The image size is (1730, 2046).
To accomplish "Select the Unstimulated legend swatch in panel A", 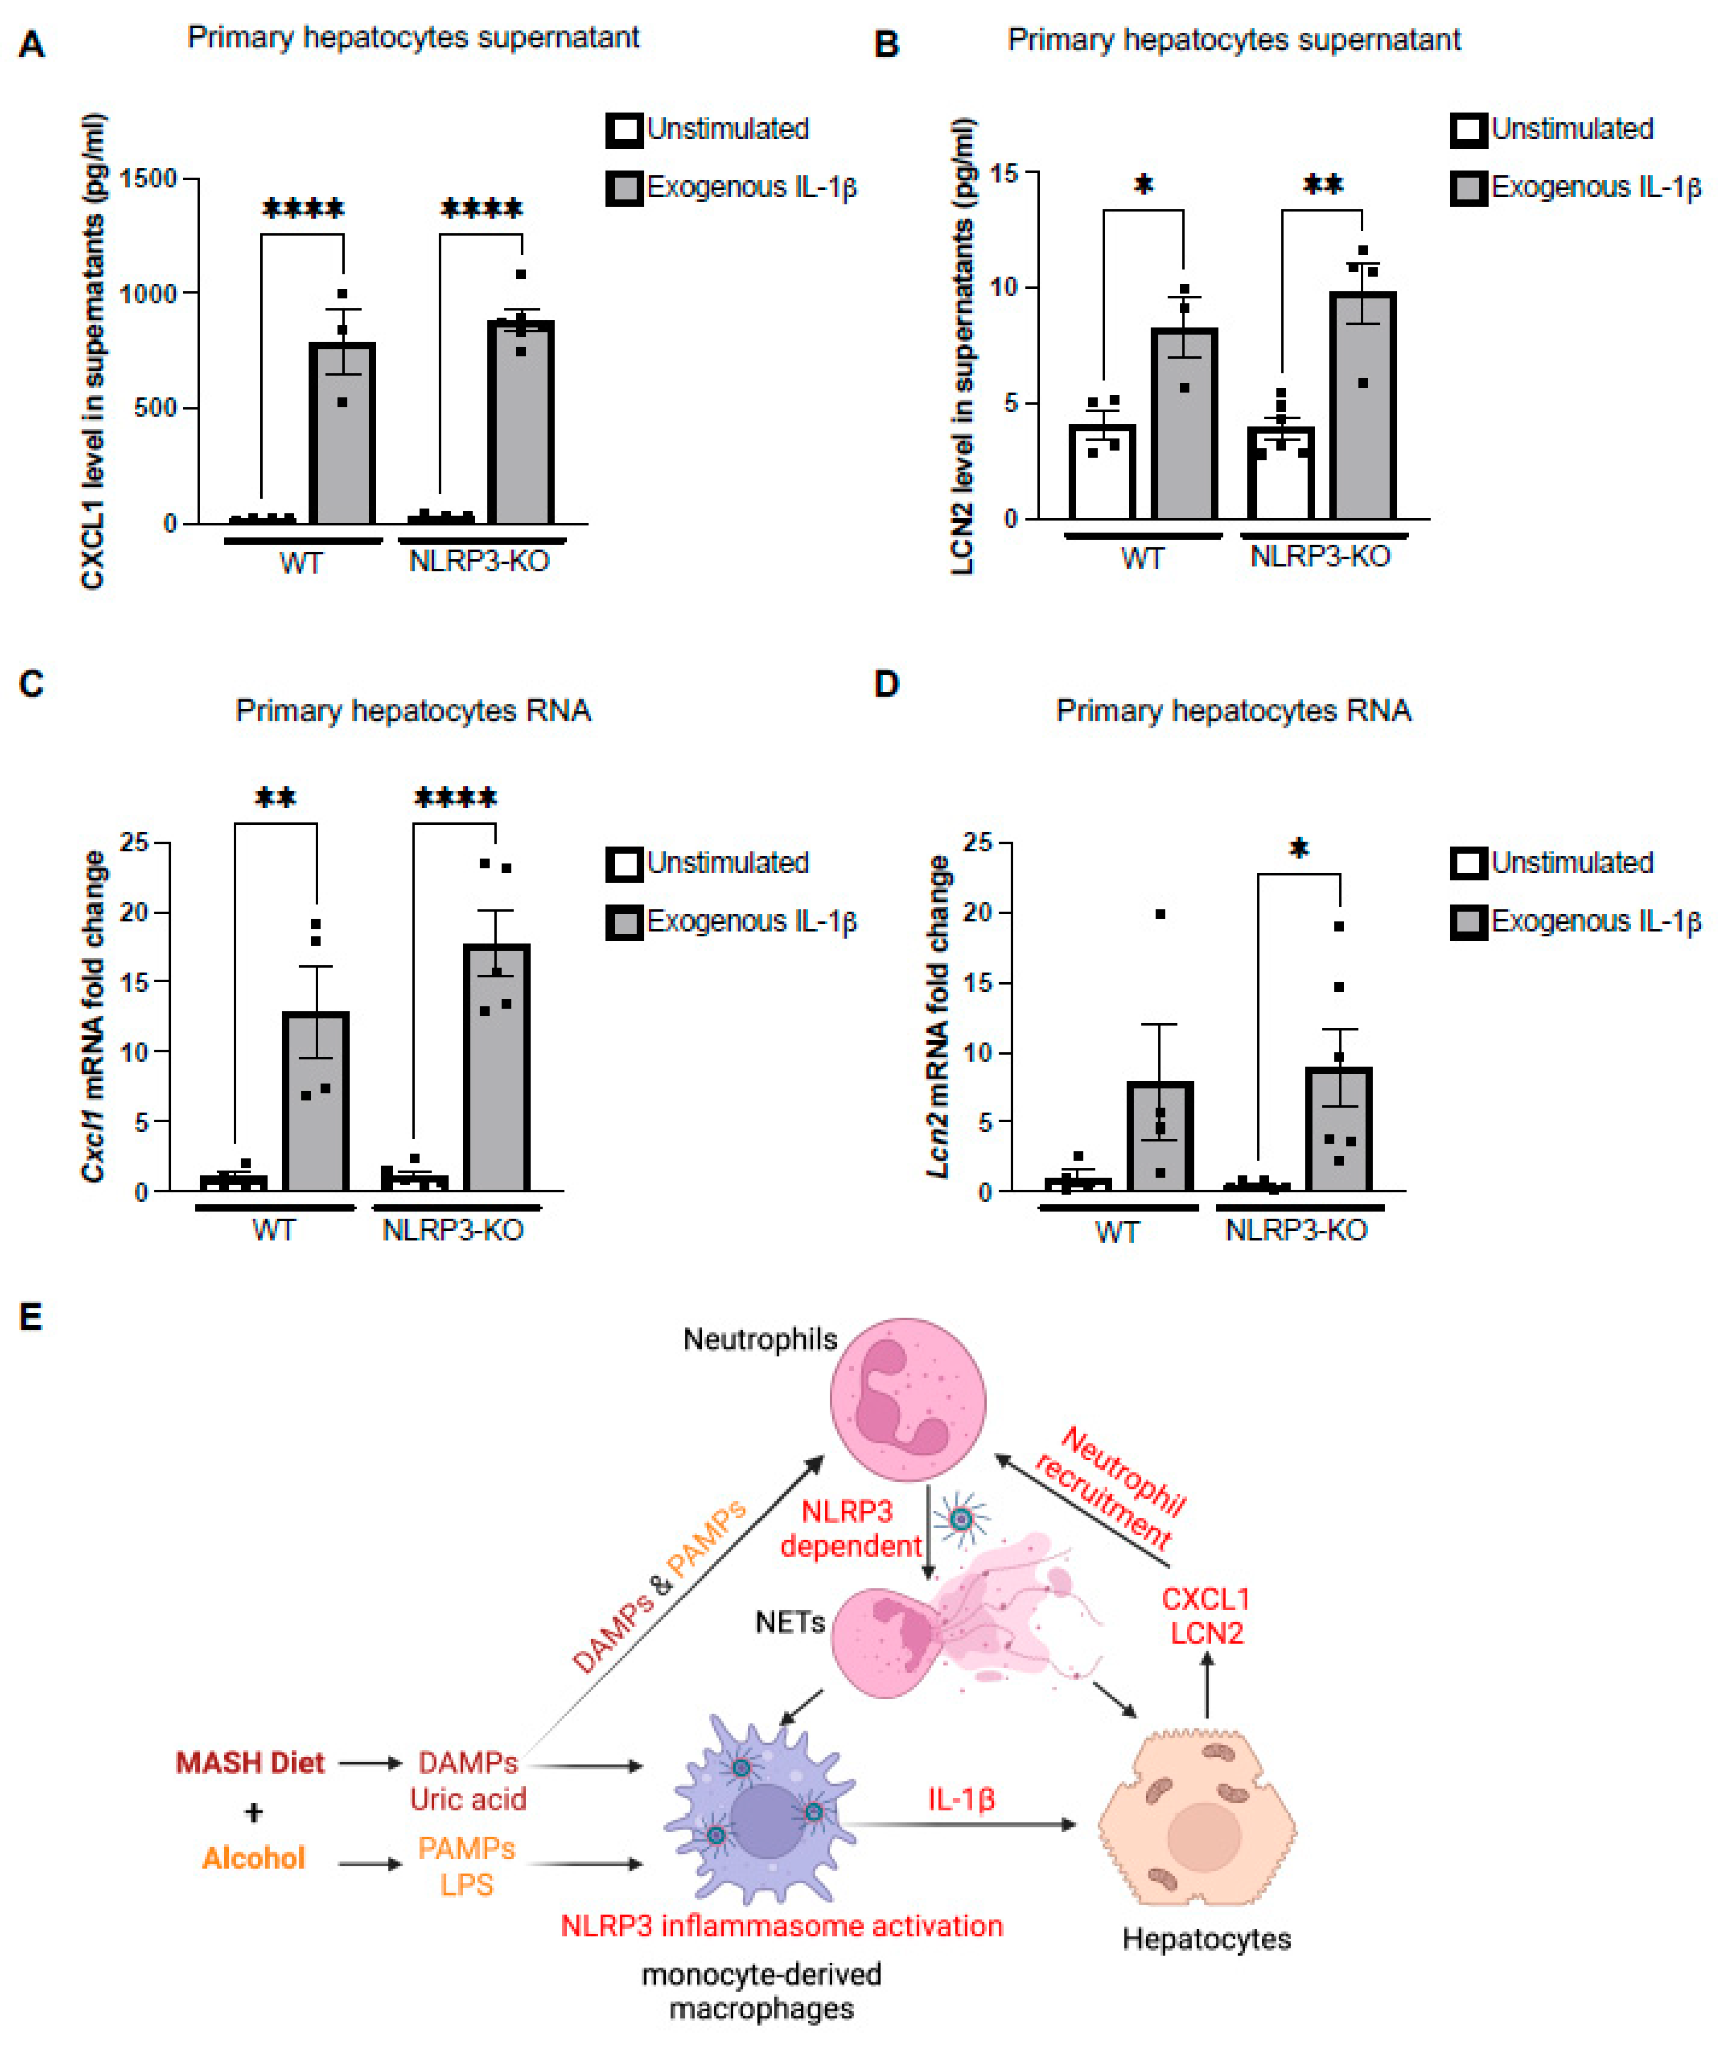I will click(624, 130).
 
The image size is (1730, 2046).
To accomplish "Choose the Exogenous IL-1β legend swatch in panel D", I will click(1468, 922).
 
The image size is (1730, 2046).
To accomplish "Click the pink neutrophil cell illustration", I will click(907, 1398).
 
